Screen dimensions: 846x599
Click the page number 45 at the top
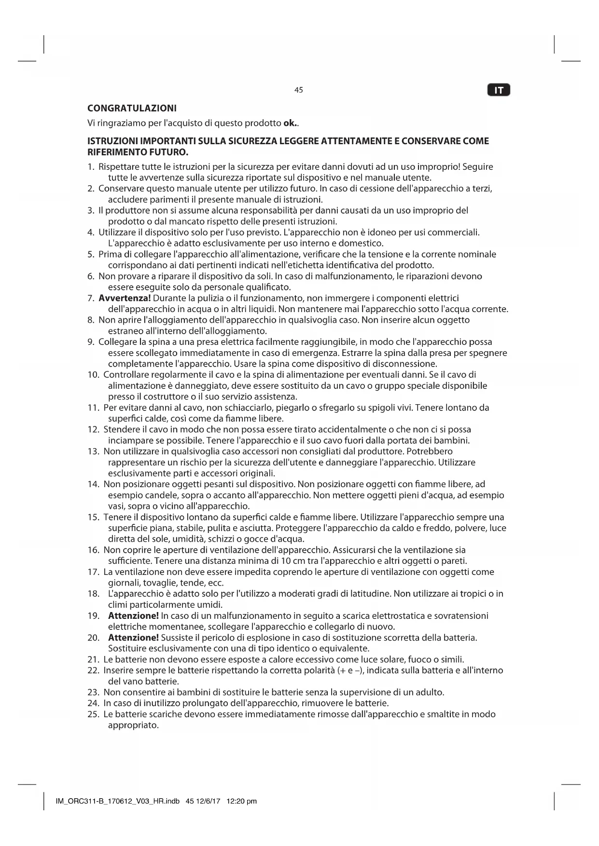(x=298, y=90)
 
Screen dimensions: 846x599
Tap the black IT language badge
(x=499, y=90)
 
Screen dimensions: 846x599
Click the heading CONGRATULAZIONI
(x=132, y=108)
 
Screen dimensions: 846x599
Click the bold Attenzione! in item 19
(x=133, y=616)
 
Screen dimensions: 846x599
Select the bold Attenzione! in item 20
(x=133, y=638)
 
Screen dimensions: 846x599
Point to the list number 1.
(x=90, y=167)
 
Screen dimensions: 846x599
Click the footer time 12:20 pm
(x=241, y=801)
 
